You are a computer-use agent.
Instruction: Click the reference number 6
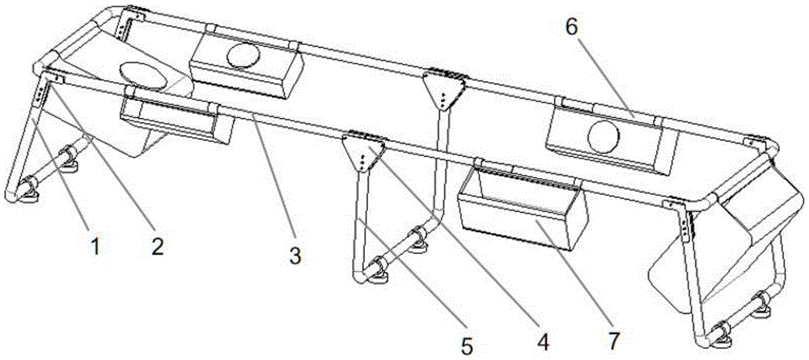572,28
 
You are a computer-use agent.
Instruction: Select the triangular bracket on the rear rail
445,88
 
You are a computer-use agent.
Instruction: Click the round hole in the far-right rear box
604,138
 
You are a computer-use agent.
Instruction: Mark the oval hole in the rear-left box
244,55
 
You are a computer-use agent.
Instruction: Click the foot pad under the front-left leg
27,197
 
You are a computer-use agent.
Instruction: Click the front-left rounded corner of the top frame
41,68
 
